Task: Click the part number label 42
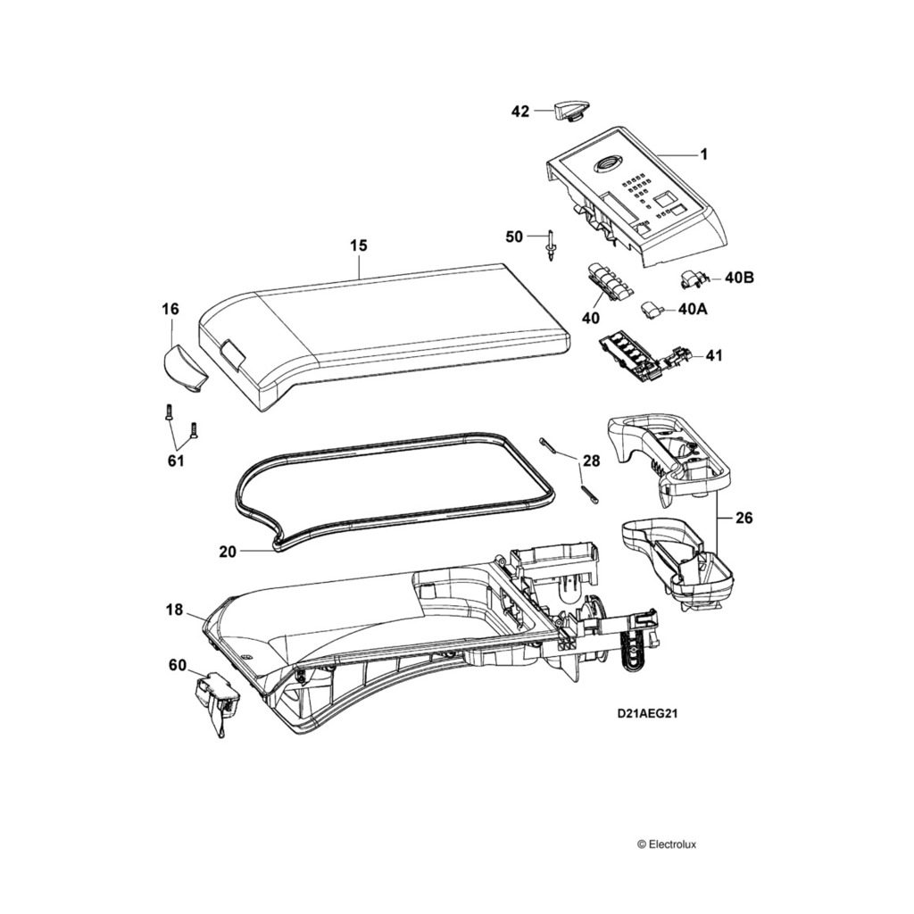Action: (x=520, y=112)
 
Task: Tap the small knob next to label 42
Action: (x=568, y=111)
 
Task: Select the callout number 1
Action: (x=703, y=154)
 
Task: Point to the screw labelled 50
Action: (x=552, y=244)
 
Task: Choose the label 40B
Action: (x=740, y=278)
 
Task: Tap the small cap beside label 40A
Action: (x=652, y=309)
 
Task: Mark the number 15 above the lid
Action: (x=358, y=245)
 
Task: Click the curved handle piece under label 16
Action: (x=183, y=367)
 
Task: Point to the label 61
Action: (x=175, y=461)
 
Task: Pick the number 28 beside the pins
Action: (x=591, y=461)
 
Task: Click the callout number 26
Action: (x=743, y=518)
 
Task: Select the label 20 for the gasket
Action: (x=228, y=552)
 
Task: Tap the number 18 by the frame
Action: (x=174, y=611)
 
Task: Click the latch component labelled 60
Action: (x=217, y=697)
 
